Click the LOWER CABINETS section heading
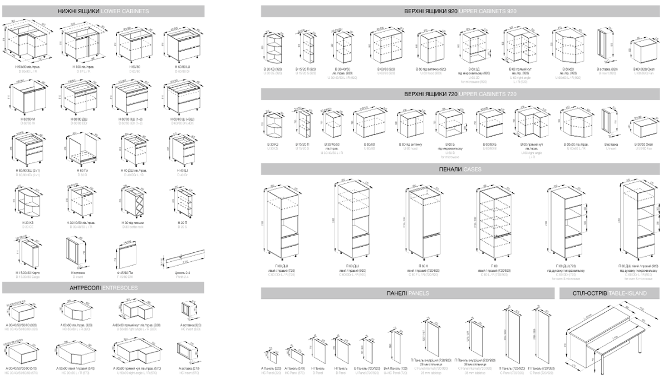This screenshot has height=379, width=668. [103, 11]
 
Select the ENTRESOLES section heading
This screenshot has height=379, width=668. [103, 287]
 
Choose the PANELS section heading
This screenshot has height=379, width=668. [407, 293]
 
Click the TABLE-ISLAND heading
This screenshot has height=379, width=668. [611, 293]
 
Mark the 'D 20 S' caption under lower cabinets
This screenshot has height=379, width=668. [183, 227]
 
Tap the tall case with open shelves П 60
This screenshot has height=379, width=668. [493, 222]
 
